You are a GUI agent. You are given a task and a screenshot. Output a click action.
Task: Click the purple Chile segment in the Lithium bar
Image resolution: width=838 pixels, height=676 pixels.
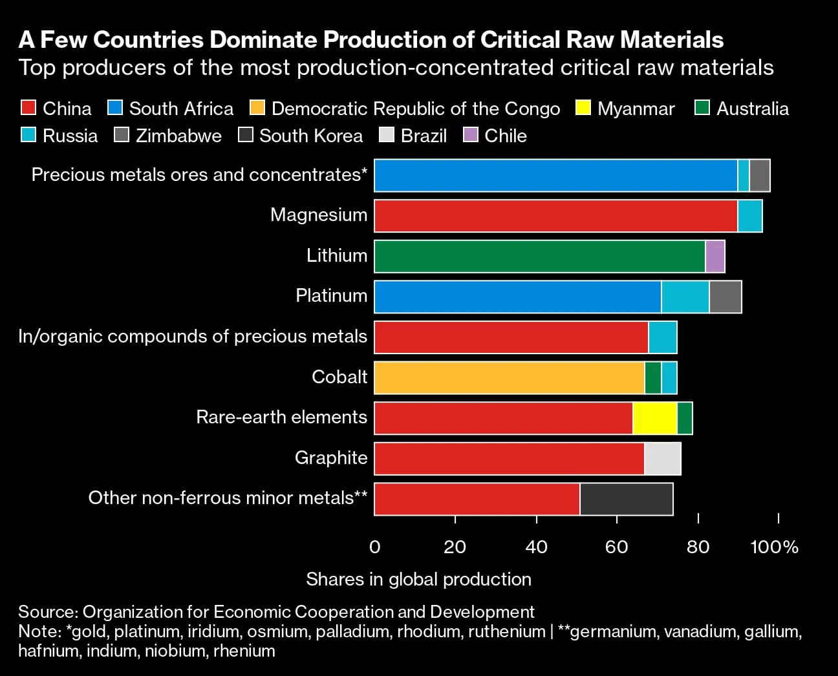click(x=714, y=256)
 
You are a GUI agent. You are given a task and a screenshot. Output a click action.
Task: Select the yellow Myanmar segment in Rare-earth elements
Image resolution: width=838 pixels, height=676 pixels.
click(x=654, y=418)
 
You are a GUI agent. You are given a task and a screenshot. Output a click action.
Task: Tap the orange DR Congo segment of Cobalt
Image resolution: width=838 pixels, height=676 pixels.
click(x=509, y=377)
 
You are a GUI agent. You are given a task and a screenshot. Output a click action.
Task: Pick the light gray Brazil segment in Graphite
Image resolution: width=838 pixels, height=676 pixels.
click(x=662, y=459)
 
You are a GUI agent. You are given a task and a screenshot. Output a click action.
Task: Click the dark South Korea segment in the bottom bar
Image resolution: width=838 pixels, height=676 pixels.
click(x=626, y=499)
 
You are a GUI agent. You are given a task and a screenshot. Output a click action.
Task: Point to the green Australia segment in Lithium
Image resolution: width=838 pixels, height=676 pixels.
click(x=539, y=256)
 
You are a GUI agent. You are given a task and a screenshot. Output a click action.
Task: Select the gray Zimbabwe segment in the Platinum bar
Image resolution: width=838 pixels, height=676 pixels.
click(x=725, y=297)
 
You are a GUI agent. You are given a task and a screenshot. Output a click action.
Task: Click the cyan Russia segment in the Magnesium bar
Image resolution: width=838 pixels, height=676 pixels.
click(x=749, y=216)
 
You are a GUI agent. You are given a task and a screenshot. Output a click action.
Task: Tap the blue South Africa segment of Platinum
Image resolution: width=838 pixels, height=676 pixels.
click(x=517, y=297)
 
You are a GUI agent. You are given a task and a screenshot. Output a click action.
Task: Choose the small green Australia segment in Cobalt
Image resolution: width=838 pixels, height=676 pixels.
click(x=652, y=377)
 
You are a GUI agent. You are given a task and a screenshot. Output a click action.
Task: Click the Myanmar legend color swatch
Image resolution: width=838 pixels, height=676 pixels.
click(x=583, y=108)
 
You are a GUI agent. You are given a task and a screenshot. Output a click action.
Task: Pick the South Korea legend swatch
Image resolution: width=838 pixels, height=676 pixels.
click(x=246, y=136)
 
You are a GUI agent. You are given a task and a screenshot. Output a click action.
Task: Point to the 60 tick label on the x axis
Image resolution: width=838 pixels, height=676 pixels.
click(x=616, y=547)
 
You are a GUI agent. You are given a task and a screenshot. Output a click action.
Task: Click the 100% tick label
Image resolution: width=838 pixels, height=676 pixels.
click(x=774, y=547)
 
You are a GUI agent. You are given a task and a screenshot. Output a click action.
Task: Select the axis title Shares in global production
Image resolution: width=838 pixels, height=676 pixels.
click(x=418, y=579)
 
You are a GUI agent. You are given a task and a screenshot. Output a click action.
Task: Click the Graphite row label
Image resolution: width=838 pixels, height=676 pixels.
click(x=330, y=458)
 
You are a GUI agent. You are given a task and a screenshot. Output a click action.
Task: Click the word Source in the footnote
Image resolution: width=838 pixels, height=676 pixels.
click(x=47, y=611)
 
